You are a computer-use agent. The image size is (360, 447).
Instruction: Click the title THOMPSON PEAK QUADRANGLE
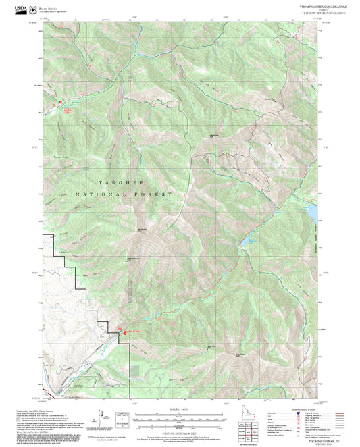pyautogui.click(x=319, y=6)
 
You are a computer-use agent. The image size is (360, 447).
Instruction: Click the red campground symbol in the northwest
pyautogui.click(x=66, y=109)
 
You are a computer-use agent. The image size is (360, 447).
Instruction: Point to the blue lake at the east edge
pyautogui.click(x=312, y=212)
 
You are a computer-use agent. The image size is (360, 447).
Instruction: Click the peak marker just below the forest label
pyautogui.click(x=141, y=230)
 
